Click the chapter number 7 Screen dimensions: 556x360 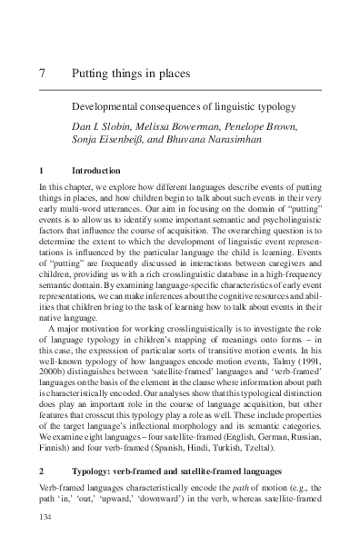[44, 72]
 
